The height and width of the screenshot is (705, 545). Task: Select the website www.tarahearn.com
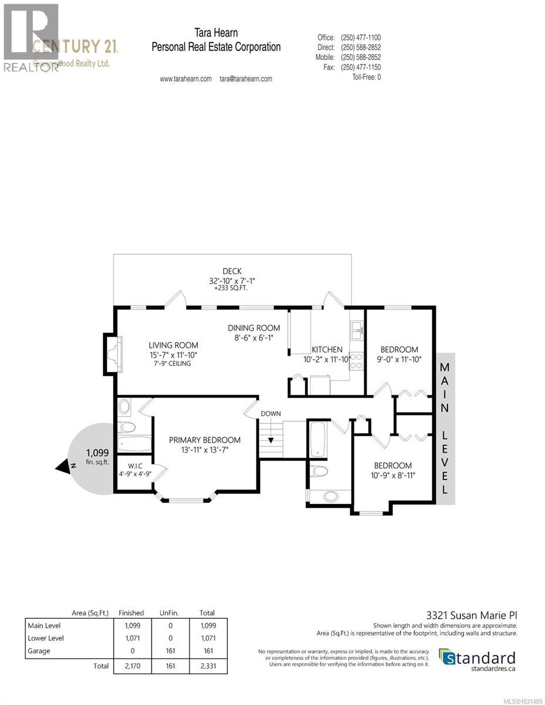click(x=186, y=79)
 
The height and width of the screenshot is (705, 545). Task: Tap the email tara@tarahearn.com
click(x=245, y=79)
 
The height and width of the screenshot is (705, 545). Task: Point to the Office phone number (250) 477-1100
click(x=361, y=38)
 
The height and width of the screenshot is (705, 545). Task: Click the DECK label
click(x=232, y=271)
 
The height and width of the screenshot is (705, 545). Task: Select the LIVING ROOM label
click(x=173, y=345)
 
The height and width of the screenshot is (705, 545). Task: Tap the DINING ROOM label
click(x=254, y=328)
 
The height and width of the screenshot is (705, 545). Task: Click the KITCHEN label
click(x=327, y=350)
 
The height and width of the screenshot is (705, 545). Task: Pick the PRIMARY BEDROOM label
click(x=205, y=440)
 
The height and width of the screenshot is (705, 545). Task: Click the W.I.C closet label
click(x=133, y=466)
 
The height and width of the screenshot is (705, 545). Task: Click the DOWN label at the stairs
click(x=271, y=414)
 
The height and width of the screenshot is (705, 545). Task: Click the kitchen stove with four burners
click(x=356, y=361)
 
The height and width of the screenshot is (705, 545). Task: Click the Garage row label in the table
click(x=40, y=651)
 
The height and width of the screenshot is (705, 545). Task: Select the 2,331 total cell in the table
click(x=207, y=666)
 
